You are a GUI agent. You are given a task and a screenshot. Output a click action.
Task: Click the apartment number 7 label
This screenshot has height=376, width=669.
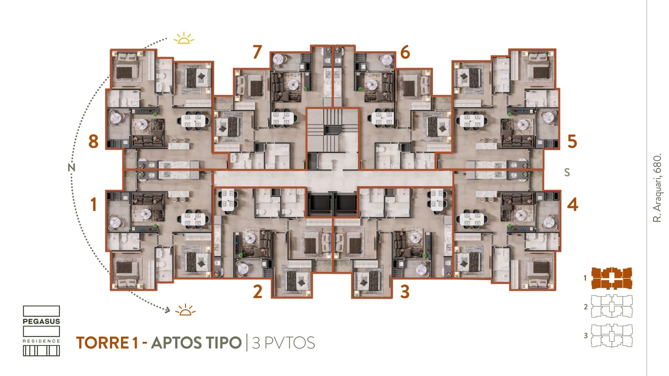(x=257, y=52)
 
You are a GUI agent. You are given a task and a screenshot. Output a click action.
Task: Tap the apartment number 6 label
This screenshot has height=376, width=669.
(x=405, y=52)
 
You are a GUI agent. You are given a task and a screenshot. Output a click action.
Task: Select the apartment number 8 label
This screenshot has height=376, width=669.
(x=93, y=141)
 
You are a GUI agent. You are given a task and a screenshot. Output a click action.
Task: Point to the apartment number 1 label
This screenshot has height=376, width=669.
(x=93, y=204)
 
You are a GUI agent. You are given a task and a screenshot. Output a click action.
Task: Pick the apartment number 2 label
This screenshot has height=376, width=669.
(x=257, y=292)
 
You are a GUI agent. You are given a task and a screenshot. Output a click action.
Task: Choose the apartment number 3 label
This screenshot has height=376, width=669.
(x=405, y=292)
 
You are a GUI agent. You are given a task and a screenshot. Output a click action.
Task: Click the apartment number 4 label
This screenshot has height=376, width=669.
(x=572, y=204)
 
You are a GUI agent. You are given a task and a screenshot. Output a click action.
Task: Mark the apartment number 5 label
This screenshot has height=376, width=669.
(x=572, y=141)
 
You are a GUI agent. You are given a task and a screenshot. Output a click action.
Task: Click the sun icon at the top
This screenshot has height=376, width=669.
(x=184, y=38)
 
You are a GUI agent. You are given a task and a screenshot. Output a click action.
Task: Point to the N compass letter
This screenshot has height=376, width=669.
(x=71, y=168)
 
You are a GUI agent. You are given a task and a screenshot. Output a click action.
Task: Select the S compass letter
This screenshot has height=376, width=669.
(x=567, y=172)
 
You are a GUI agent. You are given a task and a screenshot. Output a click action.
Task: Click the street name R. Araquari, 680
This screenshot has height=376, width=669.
(x=657, y=187)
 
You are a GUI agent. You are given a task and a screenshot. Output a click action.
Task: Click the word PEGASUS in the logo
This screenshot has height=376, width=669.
(x=41, y=321)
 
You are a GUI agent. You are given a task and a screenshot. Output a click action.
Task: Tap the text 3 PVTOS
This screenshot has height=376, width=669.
(x=283, y=343)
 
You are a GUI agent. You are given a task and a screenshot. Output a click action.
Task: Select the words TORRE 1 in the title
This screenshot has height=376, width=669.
(x=107, y=343)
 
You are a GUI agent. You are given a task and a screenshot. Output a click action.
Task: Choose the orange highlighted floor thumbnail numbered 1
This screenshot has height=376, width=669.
(x=612, y=278)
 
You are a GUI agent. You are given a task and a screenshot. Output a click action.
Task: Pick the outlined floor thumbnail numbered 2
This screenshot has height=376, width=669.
(x=612, y=307)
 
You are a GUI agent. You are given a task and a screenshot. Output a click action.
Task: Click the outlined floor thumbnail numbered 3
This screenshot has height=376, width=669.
(x=612, y=336)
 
